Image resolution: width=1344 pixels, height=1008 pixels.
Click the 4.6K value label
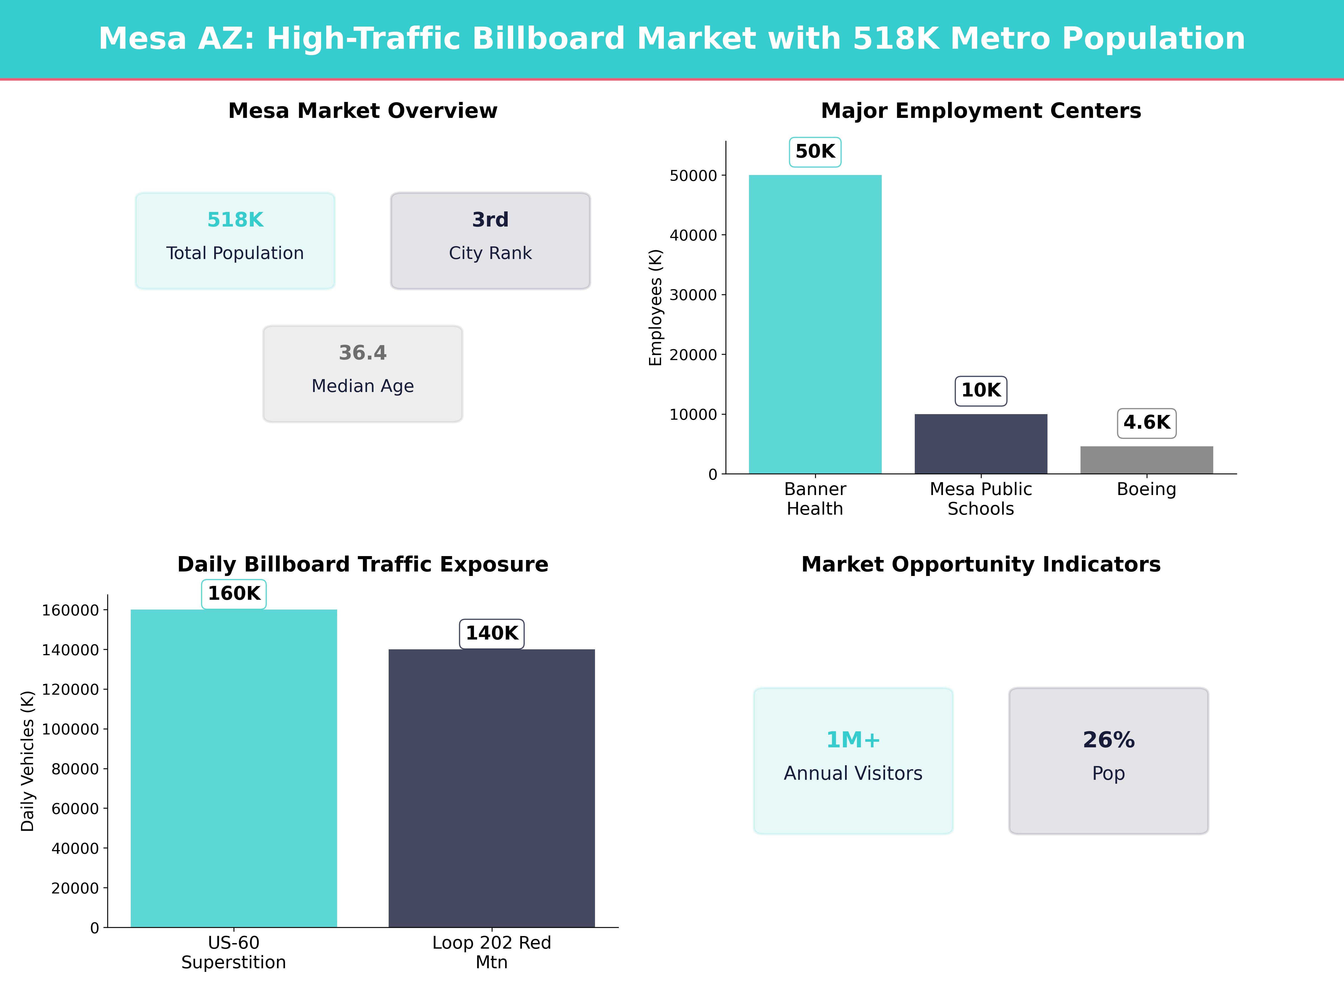(1147, 423)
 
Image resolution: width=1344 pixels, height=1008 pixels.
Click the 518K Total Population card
(235, 241)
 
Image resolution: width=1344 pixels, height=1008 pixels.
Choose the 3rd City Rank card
(490, 241)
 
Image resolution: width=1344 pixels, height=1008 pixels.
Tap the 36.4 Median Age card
(363, 374)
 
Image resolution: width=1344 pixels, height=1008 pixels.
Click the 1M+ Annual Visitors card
(853, 761)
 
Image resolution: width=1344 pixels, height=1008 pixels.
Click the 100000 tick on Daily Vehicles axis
(71, 729)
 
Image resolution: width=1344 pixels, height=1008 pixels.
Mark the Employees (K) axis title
(655, 307)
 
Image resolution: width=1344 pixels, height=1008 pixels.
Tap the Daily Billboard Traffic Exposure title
(363, 564)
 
